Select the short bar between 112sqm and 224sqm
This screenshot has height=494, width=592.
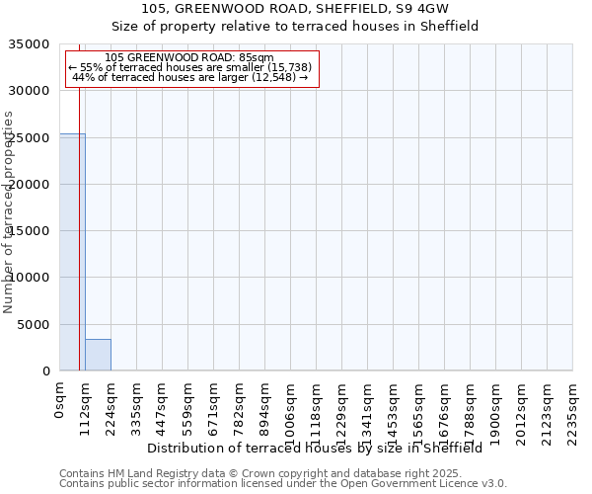pyautogui.click(x=98, y=355)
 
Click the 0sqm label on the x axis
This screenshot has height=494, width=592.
pyautogui.click(x=59, y=399)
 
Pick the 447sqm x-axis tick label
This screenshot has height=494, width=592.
pyautogui.click(x=162, y=406)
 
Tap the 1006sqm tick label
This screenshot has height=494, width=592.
pyautogui.click(x=290, y=409)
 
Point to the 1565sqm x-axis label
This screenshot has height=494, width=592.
pyautogui.click(x=418, y=409)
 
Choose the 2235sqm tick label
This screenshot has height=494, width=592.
pyautogui.click(x=572, y=409)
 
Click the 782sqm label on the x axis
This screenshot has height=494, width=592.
pyautogui.click(x=239, y=406)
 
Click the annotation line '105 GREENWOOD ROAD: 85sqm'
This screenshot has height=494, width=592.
pyautogui.click(x=189, y=57)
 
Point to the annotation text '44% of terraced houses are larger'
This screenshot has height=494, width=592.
pyautogui.click(x=190, y=77)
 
